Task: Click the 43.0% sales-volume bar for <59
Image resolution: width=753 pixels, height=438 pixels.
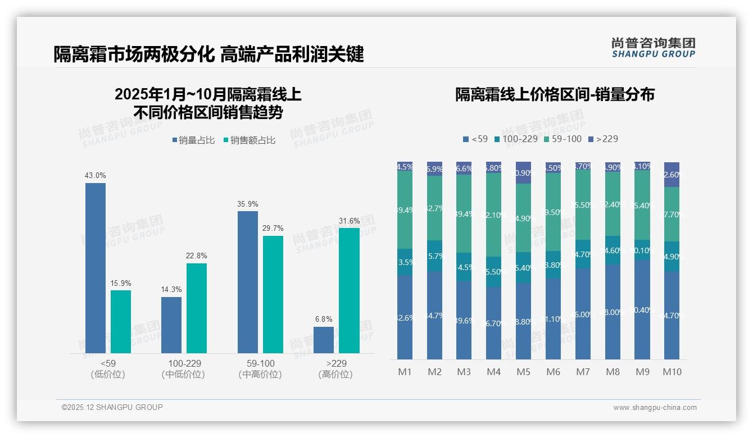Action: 96,268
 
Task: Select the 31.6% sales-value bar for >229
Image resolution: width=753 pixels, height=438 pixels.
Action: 349,290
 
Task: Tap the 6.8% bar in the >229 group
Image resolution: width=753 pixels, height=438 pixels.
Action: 324,340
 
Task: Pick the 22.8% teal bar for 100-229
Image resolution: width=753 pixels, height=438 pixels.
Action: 197,308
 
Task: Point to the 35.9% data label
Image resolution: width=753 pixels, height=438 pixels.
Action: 248,204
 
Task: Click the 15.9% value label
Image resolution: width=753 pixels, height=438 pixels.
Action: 121,283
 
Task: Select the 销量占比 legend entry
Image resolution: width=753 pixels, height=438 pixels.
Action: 193,140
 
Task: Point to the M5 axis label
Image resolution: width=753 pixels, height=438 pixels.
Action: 523,372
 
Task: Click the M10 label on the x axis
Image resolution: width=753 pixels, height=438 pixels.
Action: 672,372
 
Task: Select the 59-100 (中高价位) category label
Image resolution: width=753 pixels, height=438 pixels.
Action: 261,369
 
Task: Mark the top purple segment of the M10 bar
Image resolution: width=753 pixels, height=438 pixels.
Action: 672,175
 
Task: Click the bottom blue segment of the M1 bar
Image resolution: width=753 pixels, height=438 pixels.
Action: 405,317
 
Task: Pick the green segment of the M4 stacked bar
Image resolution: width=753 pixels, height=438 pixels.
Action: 493,215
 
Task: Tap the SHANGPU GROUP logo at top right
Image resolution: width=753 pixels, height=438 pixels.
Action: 653,48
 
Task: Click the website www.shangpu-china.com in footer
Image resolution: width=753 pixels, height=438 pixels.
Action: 655,408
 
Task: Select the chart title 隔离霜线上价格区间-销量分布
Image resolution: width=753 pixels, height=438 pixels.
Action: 555,94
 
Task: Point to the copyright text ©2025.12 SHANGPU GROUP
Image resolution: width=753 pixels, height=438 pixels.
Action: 112,407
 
